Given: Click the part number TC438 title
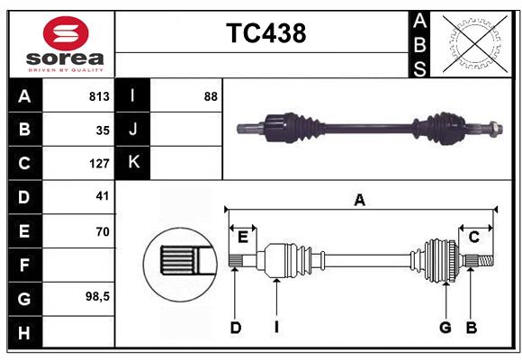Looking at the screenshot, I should tap(265, 33).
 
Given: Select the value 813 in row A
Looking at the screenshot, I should tap(98, 96).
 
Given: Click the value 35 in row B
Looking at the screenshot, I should tap(102, 130).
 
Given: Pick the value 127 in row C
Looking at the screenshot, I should tap(98, 164).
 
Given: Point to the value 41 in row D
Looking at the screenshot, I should tap(102, 196).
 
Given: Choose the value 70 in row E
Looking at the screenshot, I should tap(102, 231).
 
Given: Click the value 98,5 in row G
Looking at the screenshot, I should tap(97, 296).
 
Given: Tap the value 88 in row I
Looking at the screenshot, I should tap(211, 96).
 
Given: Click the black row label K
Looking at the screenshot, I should tap(133, 163).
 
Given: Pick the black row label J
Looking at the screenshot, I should tap(133, 130).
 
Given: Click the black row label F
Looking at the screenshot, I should tap(24, 265).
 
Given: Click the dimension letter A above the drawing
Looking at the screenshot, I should tap(359, 201).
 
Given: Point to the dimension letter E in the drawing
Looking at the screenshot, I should tap(243, 236).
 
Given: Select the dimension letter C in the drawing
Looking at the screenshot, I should tap(473, 236).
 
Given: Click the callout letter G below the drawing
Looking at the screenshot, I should tap(445, 328).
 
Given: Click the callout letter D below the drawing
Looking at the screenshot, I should tap(235, 328).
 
